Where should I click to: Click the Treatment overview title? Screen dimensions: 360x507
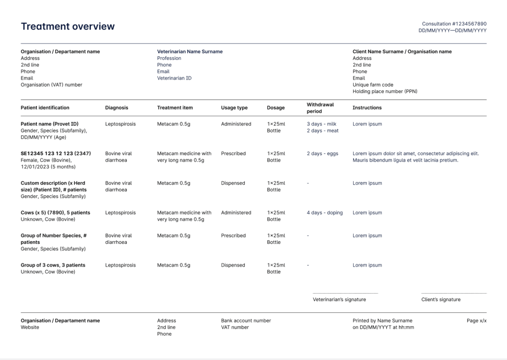(68, 26)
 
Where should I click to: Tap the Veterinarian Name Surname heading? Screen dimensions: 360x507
(190, 52)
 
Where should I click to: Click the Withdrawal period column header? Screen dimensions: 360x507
(320, 108)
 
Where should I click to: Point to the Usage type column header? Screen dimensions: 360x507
(234, 108)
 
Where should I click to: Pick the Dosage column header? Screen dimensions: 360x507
(276, 108)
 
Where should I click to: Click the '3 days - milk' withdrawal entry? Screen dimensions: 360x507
(321, 124)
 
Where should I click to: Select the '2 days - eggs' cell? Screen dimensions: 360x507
(322, 153)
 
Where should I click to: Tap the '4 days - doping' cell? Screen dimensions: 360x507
(325, 213)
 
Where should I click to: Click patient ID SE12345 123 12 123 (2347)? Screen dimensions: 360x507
(56, 153)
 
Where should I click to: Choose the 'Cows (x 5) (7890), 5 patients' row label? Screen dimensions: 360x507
(55, 213)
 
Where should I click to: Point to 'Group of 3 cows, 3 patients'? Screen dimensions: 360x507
(53, 265)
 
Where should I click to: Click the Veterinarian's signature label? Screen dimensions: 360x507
(339, 300)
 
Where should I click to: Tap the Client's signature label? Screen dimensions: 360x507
(441, 300)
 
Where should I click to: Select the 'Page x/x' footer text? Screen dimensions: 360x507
(477, 321)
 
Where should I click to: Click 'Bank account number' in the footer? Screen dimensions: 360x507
(246, 321)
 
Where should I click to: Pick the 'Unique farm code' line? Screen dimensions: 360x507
(373, 85)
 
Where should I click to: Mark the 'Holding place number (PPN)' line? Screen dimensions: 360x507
(385, 91)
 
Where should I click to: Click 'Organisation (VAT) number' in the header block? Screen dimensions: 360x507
(52, 85)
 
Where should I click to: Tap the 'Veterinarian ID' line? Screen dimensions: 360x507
(174, 78)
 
